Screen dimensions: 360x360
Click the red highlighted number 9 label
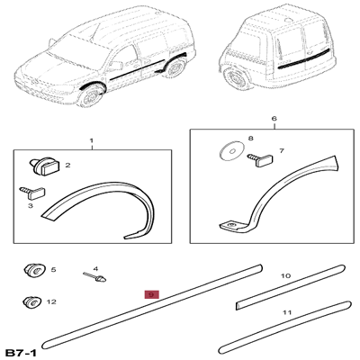(151, 294)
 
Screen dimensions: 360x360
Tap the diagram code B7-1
(22, 353)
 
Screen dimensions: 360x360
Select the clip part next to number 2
(45, 167)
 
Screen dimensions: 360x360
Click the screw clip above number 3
(32, 192)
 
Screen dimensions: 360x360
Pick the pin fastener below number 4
(94, 276)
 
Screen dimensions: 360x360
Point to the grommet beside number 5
(35, 269)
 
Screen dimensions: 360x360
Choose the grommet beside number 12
(34, 301)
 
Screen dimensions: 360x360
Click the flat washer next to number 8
(230, 151)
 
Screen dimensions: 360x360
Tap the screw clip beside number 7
(260, 159)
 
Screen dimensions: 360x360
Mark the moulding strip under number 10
(290, 287)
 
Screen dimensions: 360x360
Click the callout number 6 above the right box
(274, 119)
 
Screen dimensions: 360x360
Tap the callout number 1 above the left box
(92, 140)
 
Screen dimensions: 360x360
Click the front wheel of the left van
(91, 95)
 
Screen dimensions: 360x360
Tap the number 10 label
(286, 275)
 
